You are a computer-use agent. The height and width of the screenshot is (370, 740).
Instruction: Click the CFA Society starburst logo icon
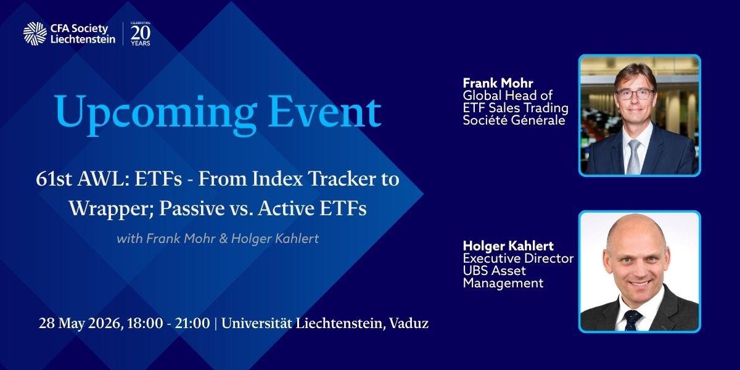pos(35,33)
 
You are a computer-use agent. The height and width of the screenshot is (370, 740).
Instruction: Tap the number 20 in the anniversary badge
pos(141,33)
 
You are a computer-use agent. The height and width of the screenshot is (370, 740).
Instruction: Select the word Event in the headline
pos(325,112)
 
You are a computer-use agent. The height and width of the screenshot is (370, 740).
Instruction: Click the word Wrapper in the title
pos(112,209)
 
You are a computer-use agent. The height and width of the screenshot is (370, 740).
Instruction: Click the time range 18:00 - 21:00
pos(168,323)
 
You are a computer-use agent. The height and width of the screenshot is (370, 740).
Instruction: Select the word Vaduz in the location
pos(409,323)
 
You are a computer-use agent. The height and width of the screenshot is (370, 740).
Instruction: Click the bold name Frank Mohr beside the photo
pos(498,83)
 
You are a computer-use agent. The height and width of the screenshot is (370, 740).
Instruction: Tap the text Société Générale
pos(514,120)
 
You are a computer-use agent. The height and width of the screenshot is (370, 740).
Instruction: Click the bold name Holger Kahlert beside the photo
pos(508,246)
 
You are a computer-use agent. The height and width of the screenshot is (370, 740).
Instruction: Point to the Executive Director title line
pos(518,258)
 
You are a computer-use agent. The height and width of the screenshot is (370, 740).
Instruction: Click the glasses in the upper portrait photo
pos(635,94)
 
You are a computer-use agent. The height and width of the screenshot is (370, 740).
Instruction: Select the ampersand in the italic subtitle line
pos(223,239)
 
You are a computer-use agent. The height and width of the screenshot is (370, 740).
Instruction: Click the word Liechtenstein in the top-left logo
pos(83,39)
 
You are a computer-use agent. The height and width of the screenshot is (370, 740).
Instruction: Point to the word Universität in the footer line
pos(257,323)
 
